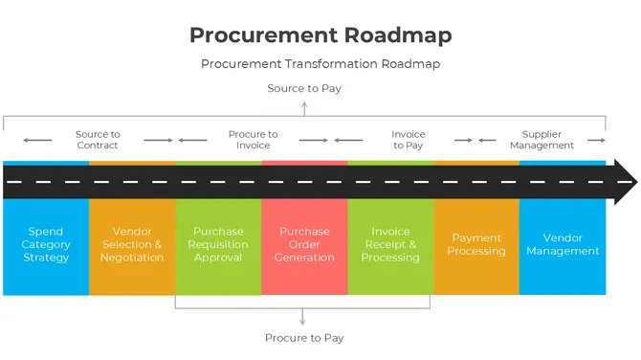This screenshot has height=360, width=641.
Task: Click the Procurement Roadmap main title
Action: pyautogui.click(x=320, y=35)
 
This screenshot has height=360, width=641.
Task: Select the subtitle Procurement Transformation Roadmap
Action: pyautogui.click(x=320, y=64)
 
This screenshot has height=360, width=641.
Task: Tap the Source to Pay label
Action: pyautogui.click(x=304, y=88)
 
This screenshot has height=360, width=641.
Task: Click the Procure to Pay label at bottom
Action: pyautogui.click(x=304, y=337)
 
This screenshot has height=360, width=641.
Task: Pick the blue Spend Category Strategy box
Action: pyautogui.click(x=46, y=245)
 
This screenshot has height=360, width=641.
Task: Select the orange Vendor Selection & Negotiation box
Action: pyautogui.click(x=132, y=245)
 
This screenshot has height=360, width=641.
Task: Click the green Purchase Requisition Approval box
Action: pyautogui.click(x=218, y=245)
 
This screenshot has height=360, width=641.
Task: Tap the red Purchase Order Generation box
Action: pyautogui.click(x=304, y=245)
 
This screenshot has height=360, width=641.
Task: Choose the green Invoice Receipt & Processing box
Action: pyautogui.click(x=390, y=245)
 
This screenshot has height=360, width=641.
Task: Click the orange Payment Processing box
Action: pyautogui.click(x=476, y=245)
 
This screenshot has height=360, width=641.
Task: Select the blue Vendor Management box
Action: pyautogui.click(x=563, y=245)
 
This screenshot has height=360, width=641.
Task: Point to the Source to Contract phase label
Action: pyautogui.click(x=98, y=140)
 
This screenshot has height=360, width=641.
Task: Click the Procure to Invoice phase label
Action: pyautogui.click(x=253, y=140)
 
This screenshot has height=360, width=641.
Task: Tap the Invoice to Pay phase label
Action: pyautogui.click(x=408, y=140)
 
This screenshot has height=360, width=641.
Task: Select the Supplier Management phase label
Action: pyautogui.click(x=542, y=140)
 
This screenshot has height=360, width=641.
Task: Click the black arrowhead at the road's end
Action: pyautogui.click(x=624, y=181)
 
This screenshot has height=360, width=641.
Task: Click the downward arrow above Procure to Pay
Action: pyautogui.click(x=304, y=319)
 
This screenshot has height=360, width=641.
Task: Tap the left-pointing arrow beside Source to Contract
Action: pyautogui.click(x=38, y=140)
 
